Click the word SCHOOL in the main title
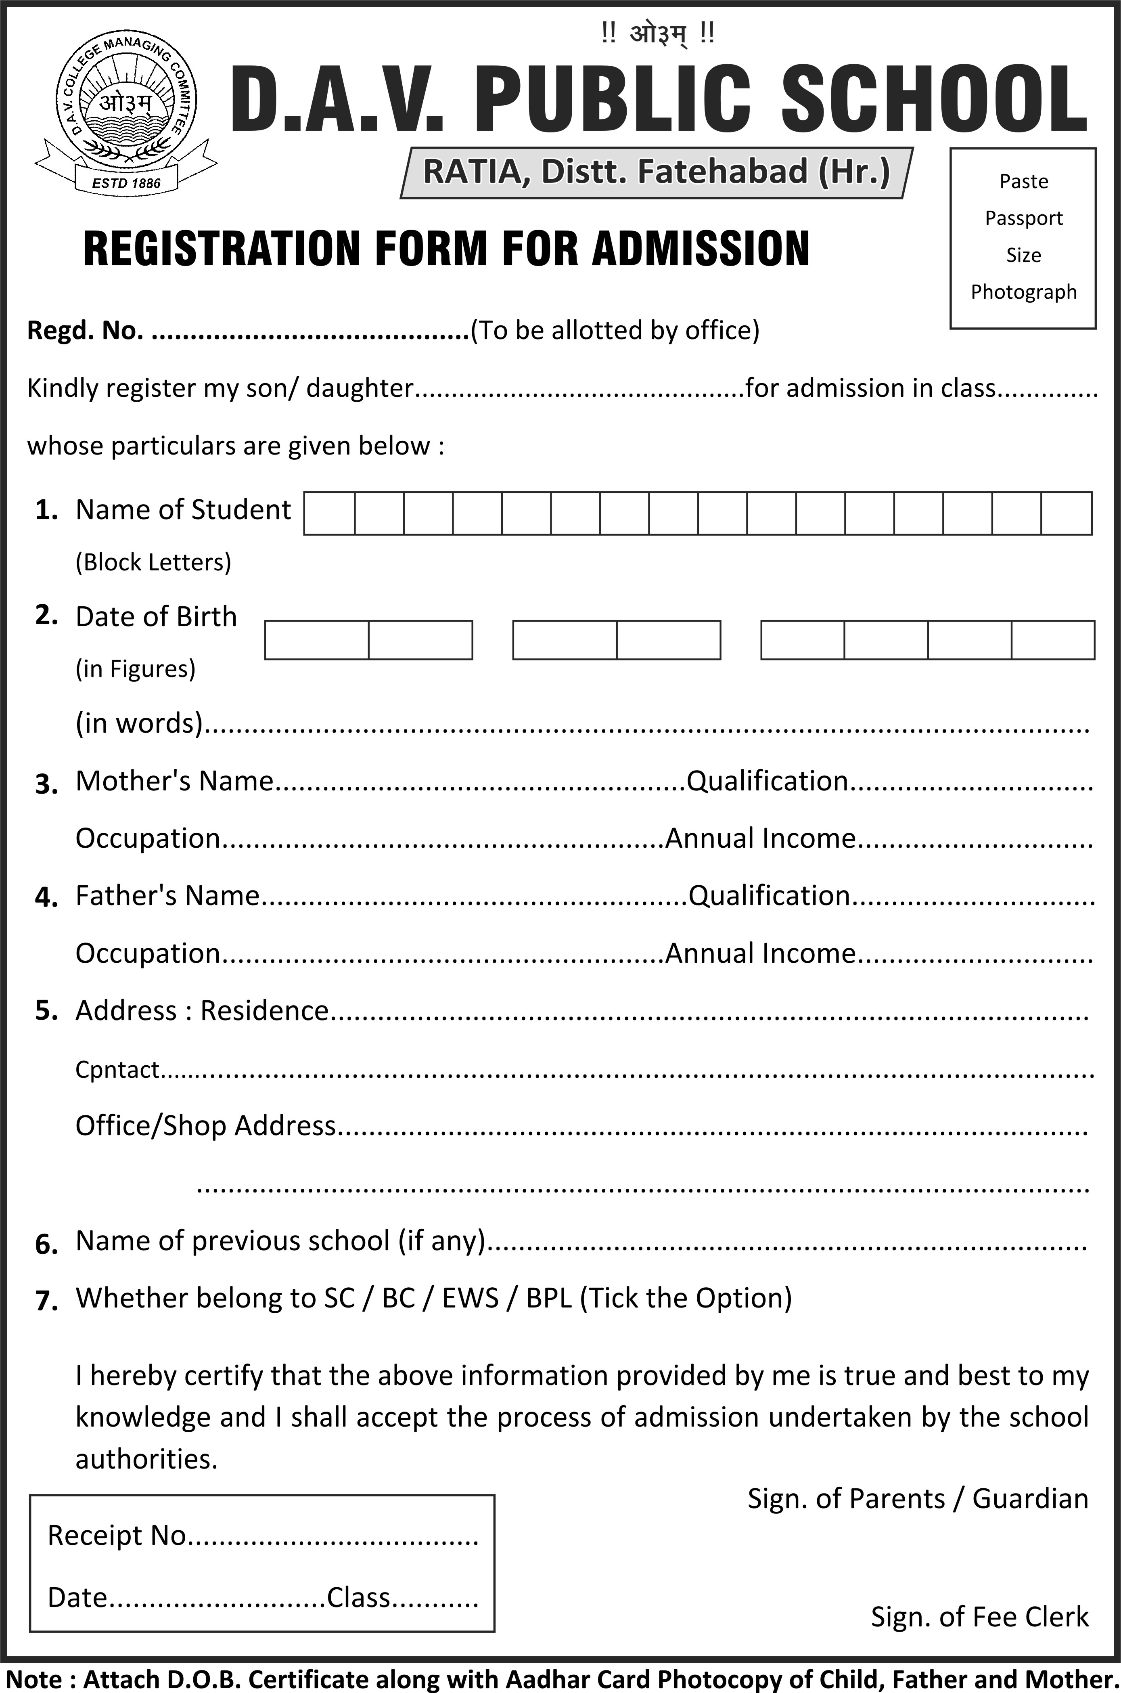coord(935,98)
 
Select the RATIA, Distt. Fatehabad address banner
coord(656,172)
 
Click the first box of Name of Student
coord(330,513)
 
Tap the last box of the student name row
coord(1066,513)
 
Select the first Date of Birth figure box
coord(317,639)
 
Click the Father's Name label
coord(167,895)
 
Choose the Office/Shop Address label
coord(205,1125)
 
